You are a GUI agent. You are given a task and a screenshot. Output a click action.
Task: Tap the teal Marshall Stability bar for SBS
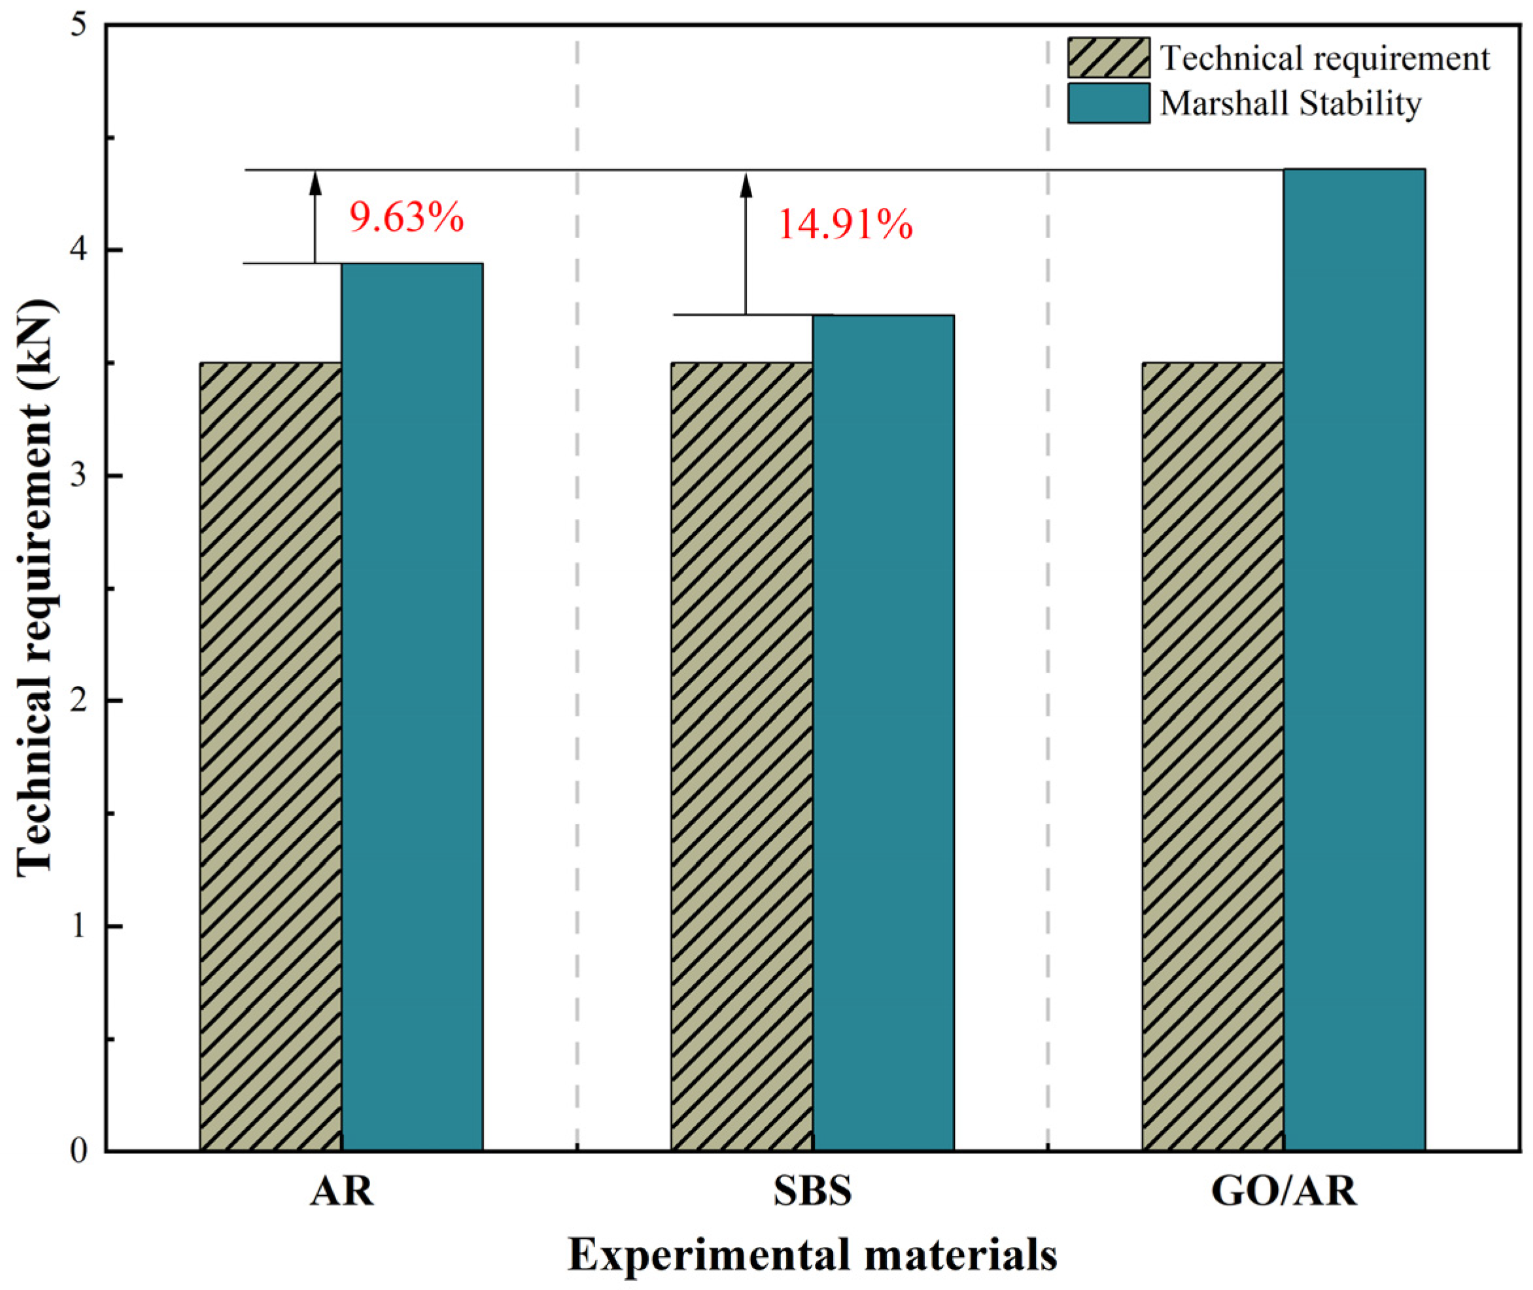(883, 731)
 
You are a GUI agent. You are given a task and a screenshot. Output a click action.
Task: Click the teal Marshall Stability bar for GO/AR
(1354, 658)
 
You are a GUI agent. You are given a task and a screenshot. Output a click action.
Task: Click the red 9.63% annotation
(406, 217)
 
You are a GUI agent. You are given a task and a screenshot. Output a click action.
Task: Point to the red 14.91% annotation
(844, 224)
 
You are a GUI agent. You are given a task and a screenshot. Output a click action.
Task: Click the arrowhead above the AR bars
(315, 183)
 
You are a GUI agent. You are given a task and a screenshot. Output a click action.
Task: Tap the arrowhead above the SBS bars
(746, 186)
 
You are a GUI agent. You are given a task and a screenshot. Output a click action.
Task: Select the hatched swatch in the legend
(1108, 58)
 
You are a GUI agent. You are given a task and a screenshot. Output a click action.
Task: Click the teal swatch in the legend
(1108, 103)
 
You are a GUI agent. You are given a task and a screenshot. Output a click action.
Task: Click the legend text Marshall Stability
(1290, 103)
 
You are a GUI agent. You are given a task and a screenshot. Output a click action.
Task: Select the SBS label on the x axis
(812, 1191)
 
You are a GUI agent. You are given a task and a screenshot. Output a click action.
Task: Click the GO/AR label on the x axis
(1284, 1191)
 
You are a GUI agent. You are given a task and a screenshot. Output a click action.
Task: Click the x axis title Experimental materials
(812, 1255)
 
